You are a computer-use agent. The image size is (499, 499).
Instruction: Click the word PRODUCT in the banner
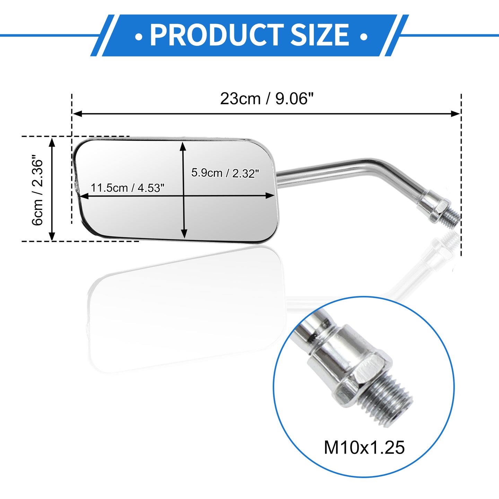pyautogui.click(x=217, y=35)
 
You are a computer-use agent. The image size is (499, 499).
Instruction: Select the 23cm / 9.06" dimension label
pyautogui.click(x=267, y=99)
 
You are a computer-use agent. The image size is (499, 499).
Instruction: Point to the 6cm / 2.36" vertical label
pyautogui.click(x=37, y=190)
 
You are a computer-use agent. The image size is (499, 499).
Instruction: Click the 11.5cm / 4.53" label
pyautogui.click(x=128, y=188)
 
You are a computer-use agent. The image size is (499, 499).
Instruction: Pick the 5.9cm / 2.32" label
pyautogui.click(x=225, y=173)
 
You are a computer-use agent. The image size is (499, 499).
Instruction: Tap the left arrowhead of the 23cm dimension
pyautogui.click(x=78, y=113)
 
